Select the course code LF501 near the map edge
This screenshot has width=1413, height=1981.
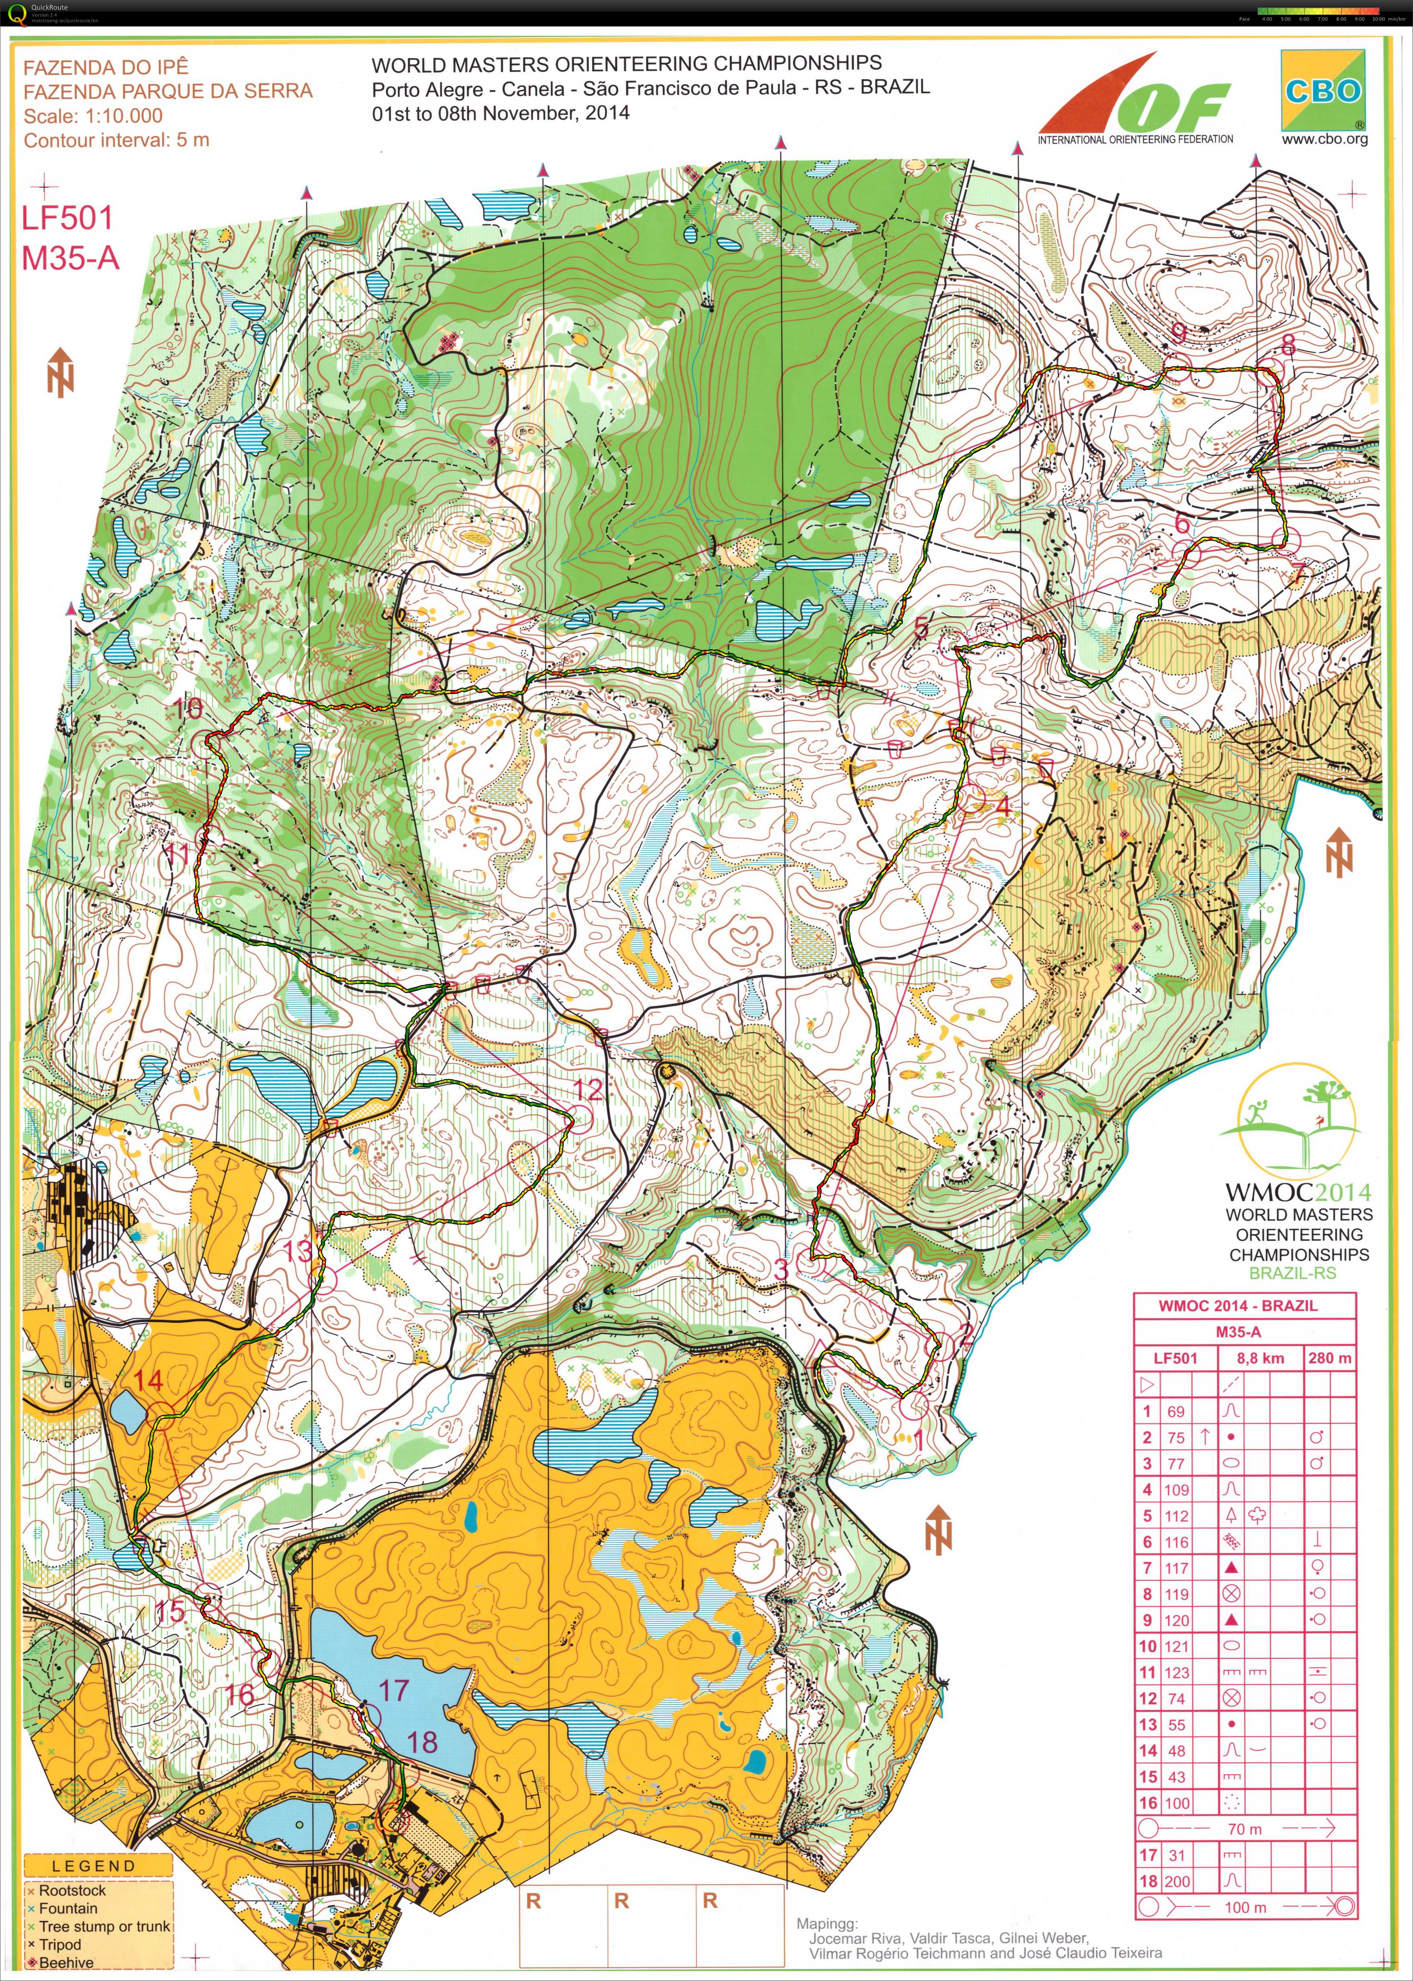point(67,218)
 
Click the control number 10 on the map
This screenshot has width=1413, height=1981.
point(188,707)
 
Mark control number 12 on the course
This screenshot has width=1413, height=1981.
point(588,1090)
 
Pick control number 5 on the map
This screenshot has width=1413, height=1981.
point(921,627)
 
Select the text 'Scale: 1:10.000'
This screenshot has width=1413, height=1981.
point(93,116)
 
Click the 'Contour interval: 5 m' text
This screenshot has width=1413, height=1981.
point(117,140)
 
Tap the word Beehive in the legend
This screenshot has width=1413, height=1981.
point(66,1963)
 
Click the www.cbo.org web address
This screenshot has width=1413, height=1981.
point(1323,139)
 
